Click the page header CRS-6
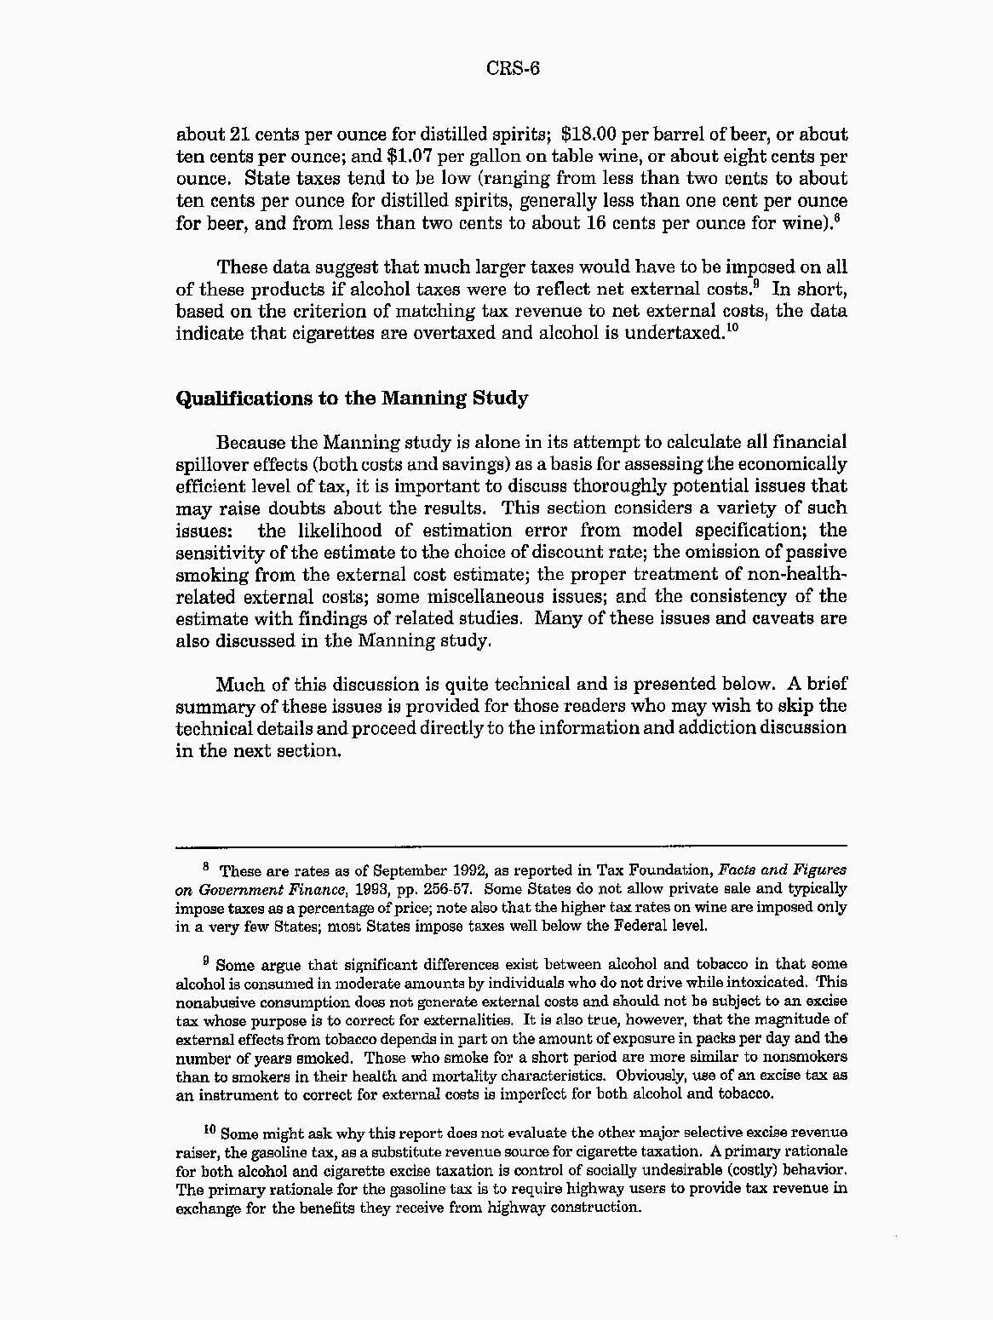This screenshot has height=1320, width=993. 514,68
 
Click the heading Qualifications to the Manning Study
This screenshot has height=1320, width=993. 352,399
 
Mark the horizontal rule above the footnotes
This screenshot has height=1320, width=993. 511,847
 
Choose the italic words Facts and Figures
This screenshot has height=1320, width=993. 783,870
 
